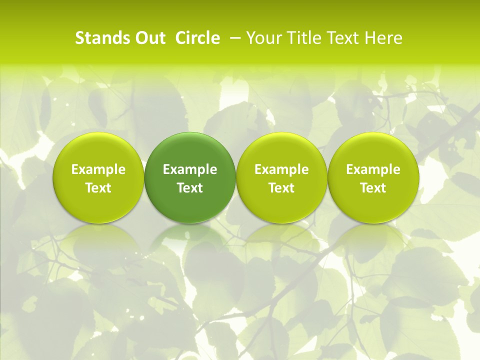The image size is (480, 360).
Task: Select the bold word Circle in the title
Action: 197,38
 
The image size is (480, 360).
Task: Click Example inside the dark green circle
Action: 190,169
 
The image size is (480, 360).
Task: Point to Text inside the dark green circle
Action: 190,188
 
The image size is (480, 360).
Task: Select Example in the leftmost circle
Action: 98,169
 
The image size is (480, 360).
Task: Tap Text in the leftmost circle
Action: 98,188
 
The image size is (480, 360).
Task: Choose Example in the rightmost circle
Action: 373,169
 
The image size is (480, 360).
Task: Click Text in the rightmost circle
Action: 373,188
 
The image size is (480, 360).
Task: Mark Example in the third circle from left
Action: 281,169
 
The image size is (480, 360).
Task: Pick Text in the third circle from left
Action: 281,188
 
